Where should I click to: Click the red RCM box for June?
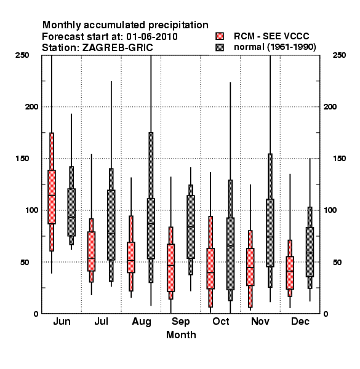(x=52, y=197)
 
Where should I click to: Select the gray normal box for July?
(x=111, y=225)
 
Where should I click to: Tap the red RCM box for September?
(x=170, y=268)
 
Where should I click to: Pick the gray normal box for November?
(x=270, y=233)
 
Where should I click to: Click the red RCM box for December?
(x=290, y=272)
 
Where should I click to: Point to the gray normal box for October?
(x=230, y=253)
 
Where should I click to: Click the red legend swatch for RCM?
(x=220, y=36)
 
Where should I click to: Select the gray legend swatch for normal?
(x=220, y=47)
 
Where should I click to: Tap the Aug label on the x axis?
(x=142, y=322)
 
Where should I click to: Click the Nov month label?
(x=260, y=321)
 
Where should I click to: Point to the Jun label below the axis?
(x=62, y=321)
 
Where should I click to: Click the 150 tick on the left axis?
(x=23, y=159)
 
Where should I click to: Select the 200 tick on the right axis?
(x=330, y=106)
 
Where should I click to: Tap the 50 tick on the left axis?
(x=25, y=262)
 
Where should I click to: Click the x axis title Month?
(x=181, y=335)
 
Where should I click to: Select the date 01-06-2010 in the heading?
(x=152, y=37)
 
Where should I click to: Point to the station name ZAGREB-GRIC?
(x=118, y=48)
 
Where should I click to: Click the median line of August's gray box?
(x=151, y=224)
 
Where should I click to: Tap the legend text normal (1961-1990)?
(x=274, y=47)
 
